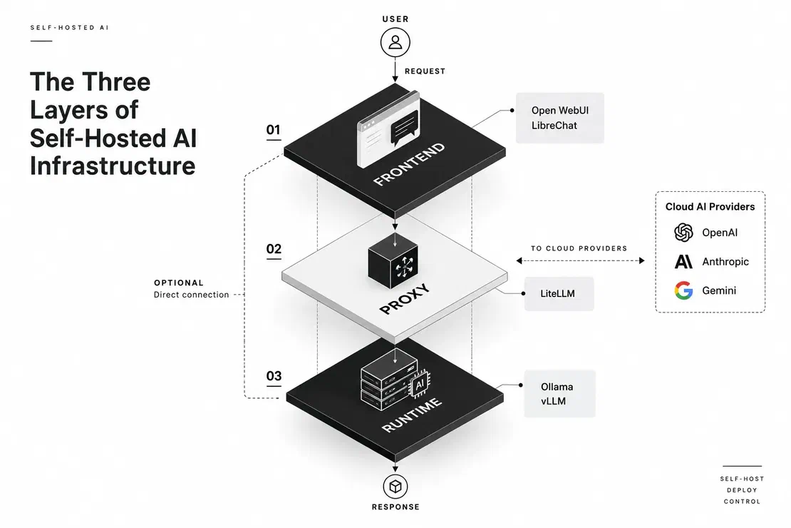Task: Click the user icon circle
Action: click(x=395, y=42)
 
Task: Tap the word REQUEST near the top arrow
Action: click(x=425, y=71)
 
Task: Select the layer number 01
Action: click(x=274, y=130)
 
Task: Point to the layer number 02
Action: click(x=274, y=248)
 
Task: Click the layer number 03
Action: click(x=274, y=376)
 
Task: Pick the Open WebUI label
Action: click(x=560, y=111)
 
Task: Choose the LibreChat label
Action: click(x=554, y=126)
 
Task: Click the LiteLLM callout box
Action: click(x=559, y=293)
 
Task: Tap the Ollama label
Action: click(x=557, y=387)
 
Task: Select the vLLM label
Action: click(x=554, y=401)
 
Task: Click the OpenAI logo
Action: click(x=683, y=233)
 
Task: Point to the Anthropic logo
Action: click(x=683, y=261)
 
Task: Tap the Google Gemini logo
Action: click(x=683, y=290)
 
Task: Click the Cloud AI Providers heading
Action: click(x=710, y=207)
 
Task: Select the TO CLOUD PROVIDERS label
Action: click(x=579, y=248)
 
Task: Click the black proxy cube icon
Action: click(x=393, y=260)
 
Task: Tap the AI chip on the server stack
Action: click(x=419, y=385)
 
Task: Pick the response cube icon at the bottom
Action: click(x=395, y=487)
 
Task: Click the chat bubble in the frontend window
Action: click(x=404, y=127)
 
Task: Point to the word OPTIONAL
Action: click(x=179, y=283)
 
